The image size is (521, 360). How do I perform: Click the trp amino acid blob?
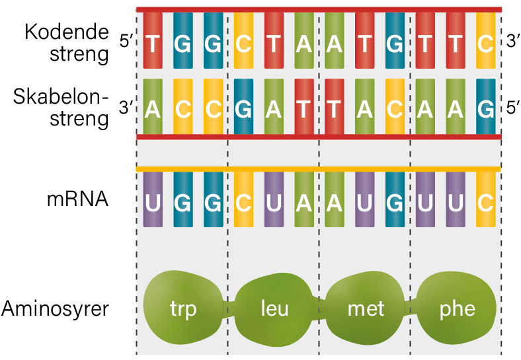coord(183,308)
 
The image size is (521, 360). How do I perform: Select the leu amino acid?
coord(274,309)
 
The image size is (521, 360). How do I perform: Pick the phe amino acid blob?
coord(457,309)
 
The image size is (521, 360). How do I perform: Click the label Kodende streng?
coord(67,43)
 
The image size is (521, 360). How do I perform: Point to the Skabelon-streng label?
coord(61,108)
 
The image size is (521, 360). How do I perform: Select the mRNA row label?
coord(78,199)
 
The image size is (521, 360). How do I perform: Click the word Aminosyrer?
coord(55,309)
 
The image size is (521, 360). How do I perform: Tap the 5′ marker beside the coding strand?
coord(126,42)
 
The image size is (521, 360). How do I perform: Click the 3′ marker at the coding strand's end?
coord(512,41)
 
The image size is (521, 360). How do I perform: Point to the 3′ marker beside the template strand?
coord(126,107)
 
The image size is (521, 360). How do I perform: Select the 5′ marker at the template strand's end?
coord(512,107)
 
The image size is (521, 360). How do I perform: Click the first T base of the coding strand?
coord(153,40)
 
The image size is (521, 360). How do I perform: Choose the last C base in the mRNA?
coord(486,199)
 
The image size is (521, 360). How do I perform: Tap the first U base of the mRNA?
coord(153,199)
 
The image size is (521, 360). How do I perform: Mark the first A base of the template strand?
coord(153,106)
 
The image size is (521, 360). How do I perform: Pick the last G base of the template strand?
coord(486,106)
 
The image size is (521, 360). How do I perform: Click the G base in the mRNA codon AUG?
coord(395,199)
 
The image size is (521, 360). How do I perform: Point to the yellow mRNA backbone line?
coord(319,169)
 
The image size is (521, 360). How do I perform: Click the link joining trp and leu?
coord(229,309)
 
